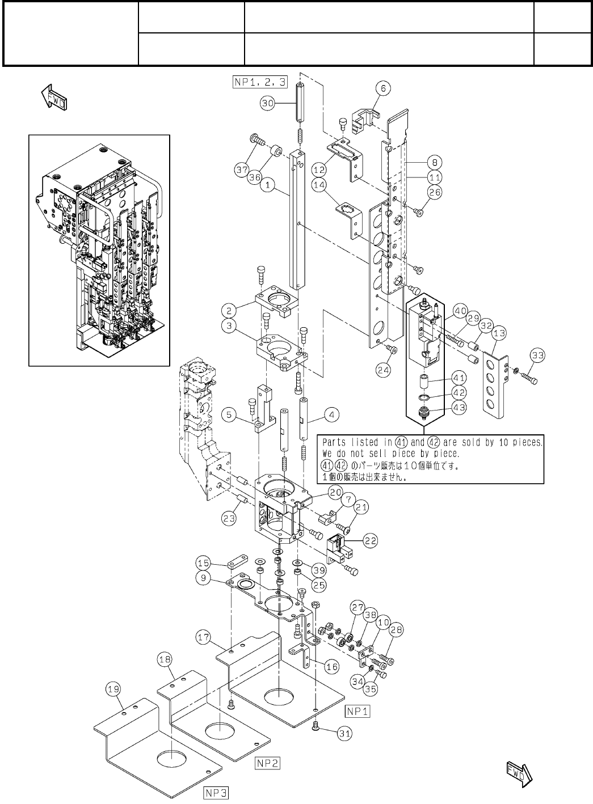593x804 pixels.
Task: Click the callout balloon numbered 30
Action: coord(268,103)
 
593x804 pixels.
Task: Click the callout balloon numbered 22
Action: coord(370,540)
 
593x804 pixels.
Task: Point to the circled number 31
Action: coord(344,733)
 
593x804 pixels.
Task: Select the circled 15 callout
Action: coord(204,563)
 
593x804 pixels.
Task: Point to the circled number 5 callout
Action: coord(229,415)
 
